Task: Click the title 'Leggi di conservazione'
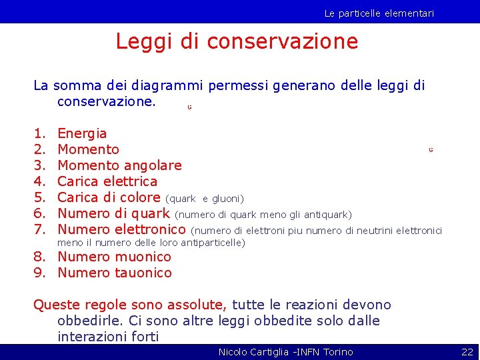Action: (x=237, y=41)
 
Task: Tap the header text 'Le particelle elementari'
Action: (x=379, y=13)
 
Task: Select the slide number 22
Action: (x=467, y=352)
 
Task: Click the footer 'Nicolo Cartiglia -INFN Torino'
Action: (x=285, y=352)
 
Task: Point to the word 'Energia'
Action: (x=82, y=133)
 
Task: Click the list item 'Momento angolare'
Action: (x=119, y=165)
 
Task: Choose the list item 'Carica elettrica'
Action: (x=107, y=181)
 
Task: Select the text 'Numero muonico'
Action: (x=114, y=257)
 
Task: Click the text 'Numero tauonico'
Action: (x=115, y=273)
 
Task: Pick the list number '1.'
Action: (x=39, y=133)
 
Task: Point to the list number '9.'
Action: (x=39, y=273)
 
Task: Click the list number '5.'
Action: (x=39, y=197)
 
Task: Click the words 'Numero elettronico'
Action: (x=121, y=230)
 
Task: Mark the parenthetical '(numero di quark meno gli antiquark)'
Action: (x=263, y=215)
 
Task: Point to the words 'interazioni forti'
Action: (x=108, y=337)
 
